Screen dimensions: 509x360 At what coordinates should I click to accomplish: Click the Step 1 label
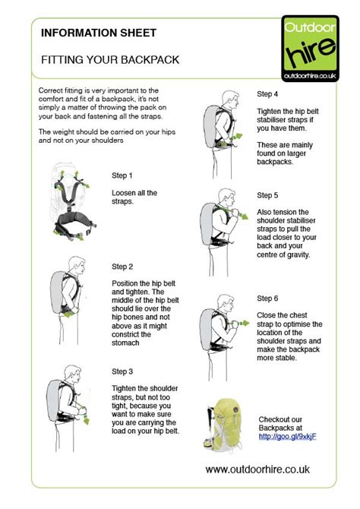[x=122, y=174]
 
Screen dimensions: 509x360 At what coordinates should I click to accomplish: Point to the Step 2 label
[x=122, y=267]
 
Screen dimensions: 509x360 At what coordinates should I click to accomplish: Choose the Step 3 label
[x=122, y=371]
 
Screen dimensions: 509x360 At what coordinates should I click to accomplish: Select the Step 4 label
[x=268, y=94]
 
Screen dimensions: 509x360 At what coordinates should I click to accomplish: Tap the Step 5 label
[x=268, y=195]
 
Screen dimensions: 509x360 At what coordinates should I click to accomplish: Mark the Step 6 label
[x=268, y=297]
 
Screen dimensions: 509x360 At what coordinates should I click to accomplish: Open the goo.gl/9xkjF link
[x=287, y=436]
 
